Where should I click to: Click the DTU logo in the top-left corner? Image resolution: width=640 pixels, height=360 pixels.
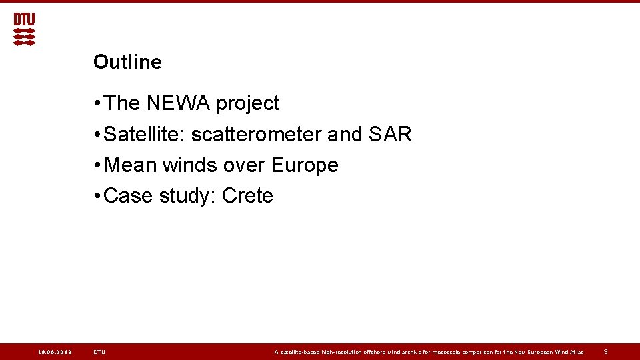24,29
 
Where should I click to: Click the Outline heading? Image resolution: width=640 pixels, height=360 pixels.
127,62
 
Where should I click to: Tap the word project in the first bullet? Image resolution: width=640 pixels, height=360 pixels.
247,104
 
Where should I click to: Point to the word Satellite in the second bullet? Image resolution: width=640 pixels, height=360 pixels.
145,134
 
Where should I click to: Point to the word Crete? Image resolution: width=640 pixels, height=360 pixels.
247,196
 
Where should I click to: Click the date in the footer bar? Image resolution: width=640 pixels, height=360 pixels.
55,352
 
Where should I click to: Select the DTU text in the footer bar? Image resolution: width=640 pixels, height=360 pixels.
99,352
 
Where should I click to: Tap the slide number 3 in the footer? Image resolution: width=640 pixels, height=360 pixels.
605,351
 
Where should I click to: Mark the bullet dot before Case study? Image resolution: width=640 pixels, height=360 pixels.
97,196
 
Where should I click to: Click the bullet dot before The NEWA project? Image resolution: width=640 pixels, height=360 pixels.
97,103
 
